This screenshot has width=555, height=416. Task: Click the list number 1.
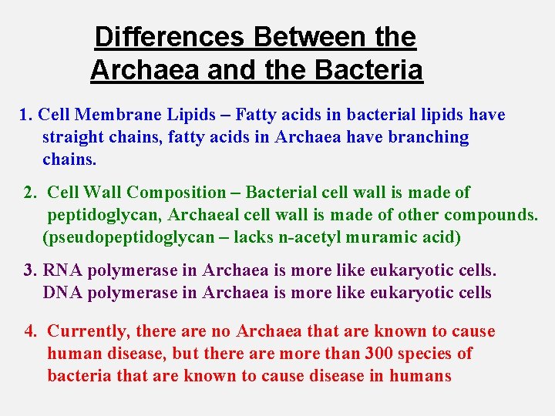[25, 116]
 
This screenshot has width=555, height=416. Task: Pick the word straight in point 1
[75, 138]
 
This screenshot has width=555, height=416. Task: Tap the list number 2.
[30, 193]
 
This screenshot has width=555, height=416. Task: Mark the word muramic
[378, 237]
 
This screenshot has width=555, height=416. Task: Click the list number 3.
[30, 270]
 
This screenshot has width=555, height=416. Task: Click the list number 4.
[30, 332]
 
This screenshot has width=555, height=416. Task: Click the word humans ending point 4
[420, 377]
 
